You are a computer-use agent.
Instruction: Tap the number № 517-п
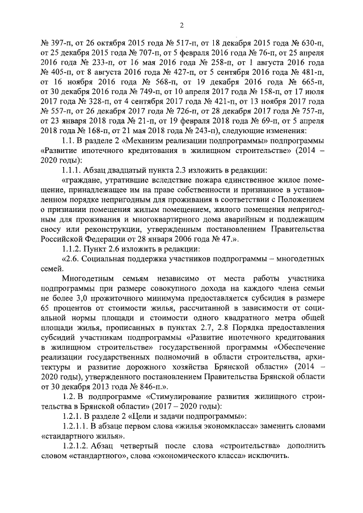pos(174,42)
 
